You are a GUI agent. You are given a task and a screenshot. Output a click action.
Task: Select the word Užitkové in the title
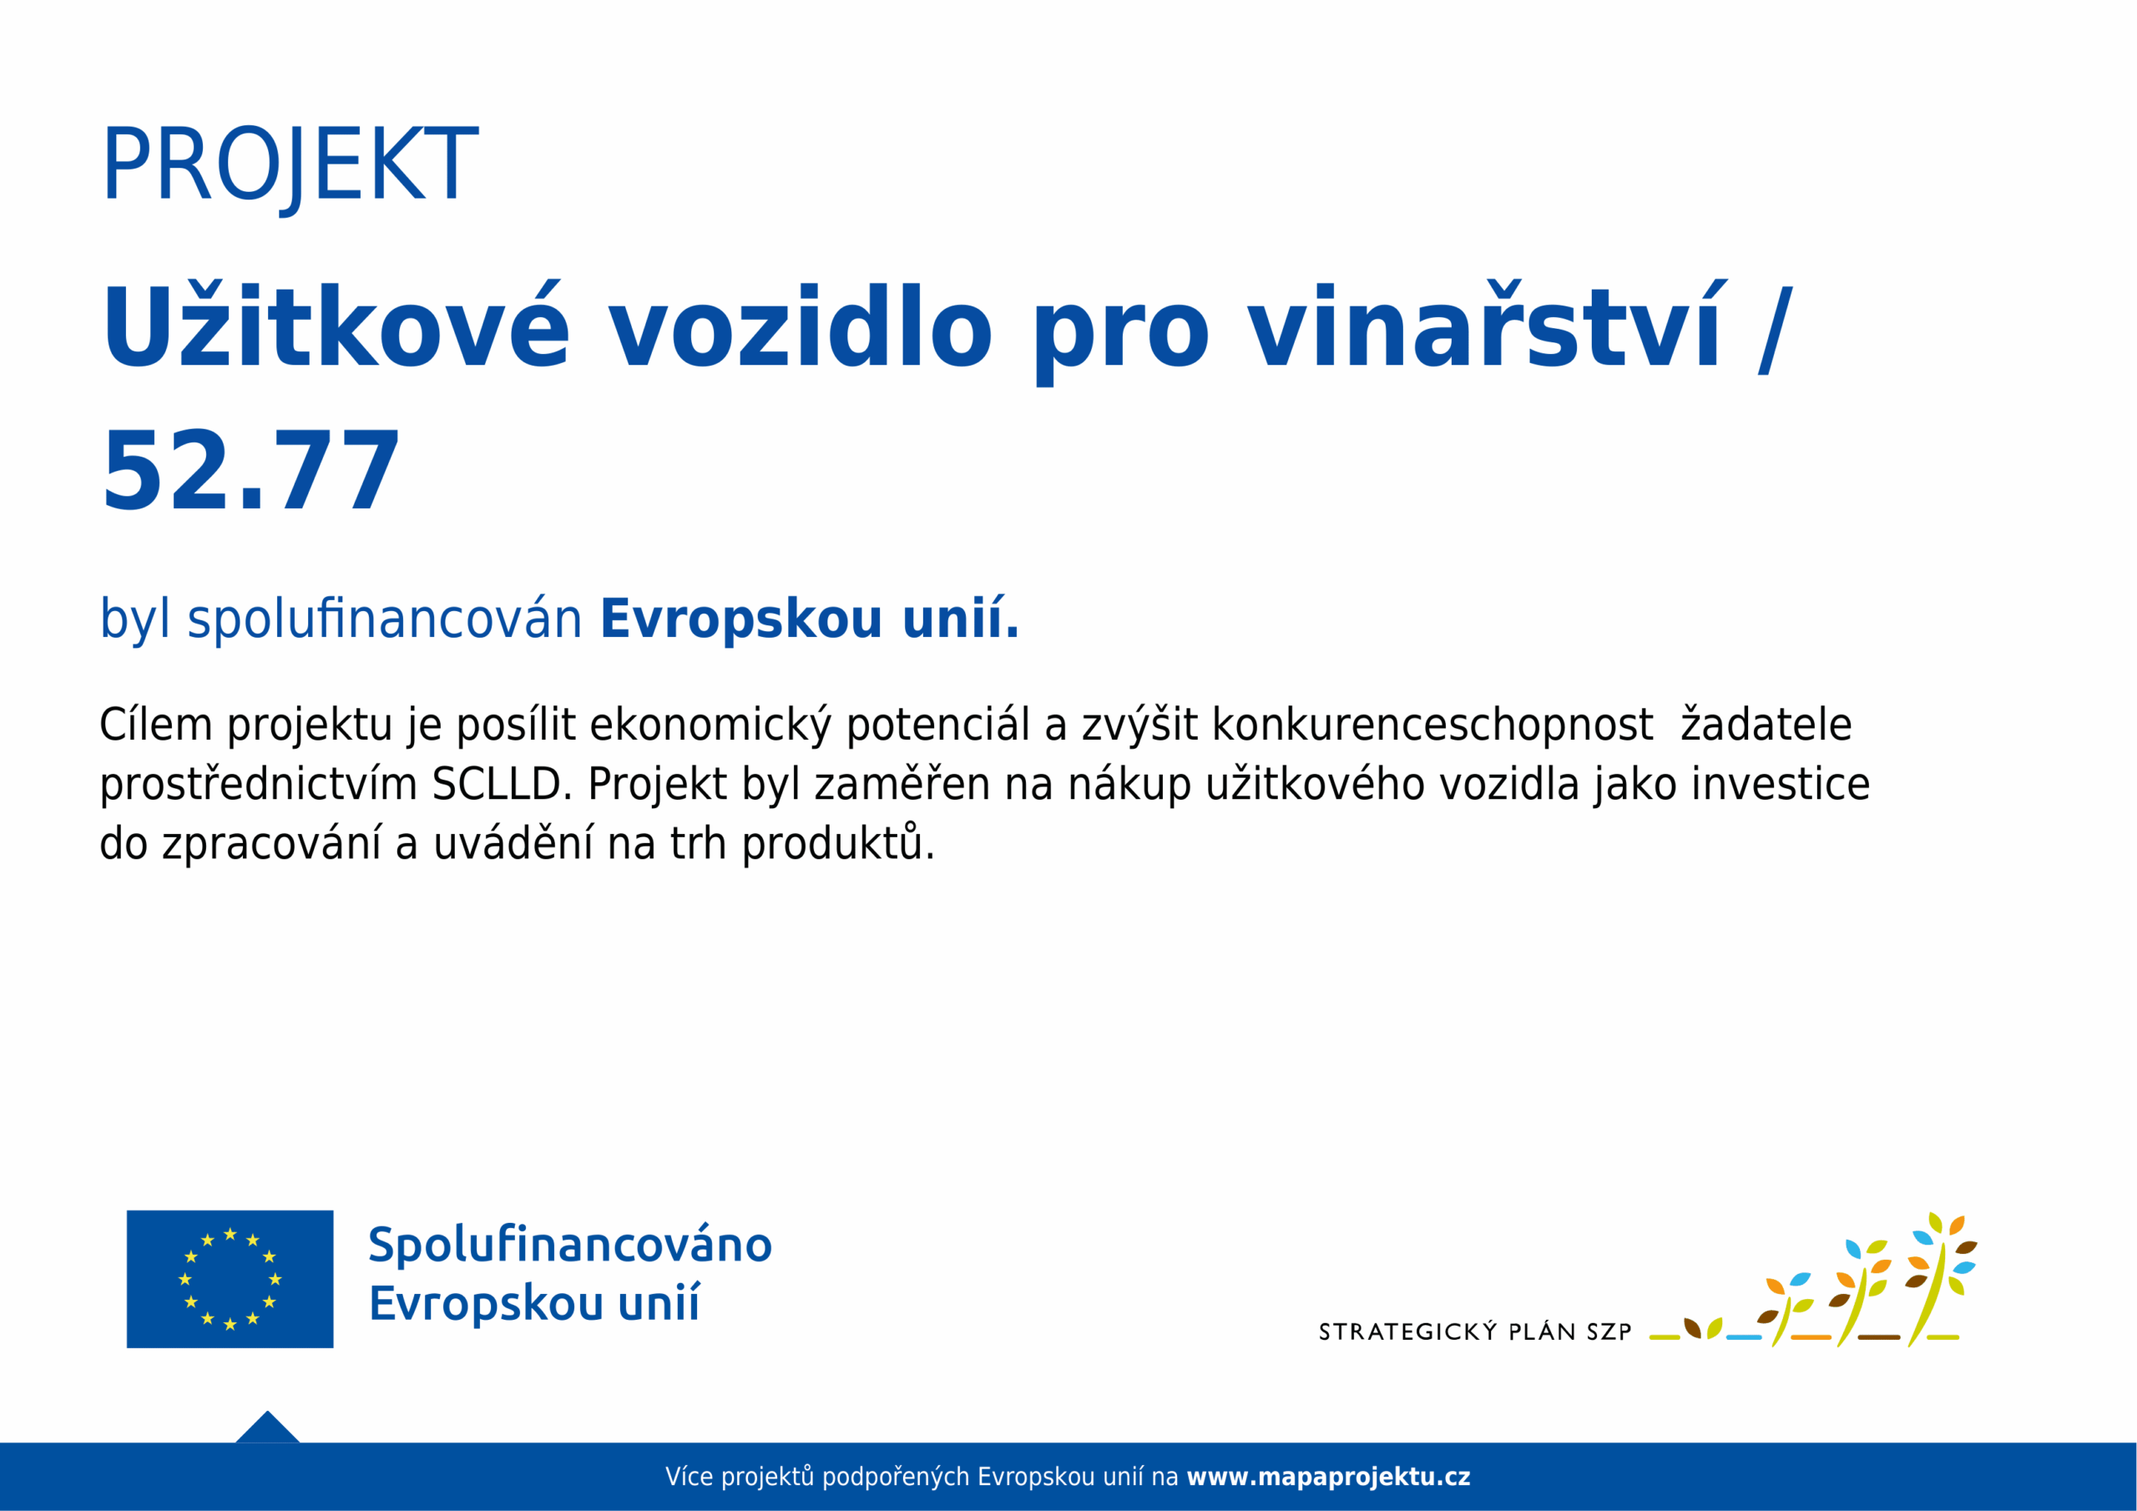tap(335, 325)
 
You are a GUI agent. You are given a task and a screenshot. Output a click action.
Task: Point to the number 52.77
tap(250, 471)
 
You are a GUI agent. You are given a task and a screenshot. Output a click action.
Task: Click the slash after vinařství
tap(1775, 330)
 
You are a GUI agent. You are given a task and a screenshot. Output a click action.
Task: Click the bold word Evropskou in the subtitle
tap(741, 619)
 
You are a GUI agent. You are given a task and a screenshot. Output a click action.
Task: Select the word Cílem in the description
tap(155, 725)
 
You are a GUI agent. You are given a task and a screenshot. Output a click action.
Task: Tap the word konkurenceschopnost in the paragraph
tap(1432, 725)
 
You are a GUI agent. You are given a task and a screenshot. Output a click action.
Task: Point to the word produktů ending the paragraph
tap(837, 842)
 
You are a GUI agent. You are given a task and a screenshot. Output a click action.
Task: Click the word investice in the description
tap(1781, 784)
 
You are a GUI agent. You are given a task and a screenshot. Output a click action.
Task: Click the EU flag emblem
tap(230, 1278)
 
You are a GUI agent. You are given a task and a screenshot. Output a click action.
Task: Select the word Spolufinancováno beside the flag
tap(569, 1245)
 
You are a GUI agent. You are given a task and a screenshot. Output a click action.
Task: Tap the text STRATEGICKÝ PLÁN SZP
tap(1475, 1332)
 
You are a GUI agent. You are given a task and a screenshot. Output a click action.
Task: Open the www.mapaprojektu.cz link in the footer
tap(1328, 1477)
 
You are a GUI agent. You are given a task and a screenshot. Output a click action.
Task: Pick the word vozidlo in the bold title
tap(801, 325)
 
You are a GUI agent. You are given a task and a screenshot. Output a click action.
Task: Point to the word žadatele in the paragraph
tap(1766, 725)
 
